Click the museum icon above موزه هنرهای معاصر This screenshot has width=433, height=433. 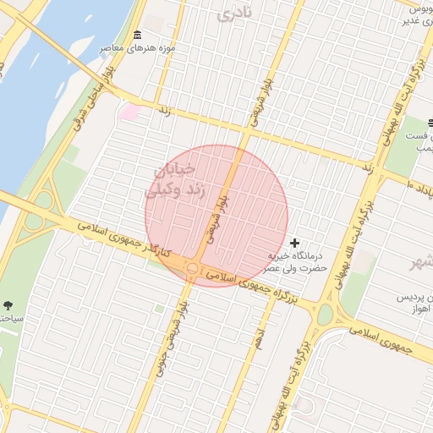pos(138,34)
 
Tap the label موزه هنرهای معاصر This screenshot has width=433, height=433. pos(138,47)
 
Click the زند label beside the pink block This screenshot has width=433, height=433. pos(165,110)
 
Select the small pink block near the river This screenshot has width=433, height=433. pos(129,111)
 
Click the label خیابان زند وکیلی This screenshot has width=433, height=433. pos(177,180)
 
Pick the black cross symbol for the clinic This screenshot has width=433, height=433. pos(294,243)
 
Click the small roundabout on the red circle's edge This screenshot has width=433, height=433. pos(193,269)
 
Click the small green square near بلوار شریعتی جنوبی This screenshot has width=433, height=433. pos(159,309)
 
